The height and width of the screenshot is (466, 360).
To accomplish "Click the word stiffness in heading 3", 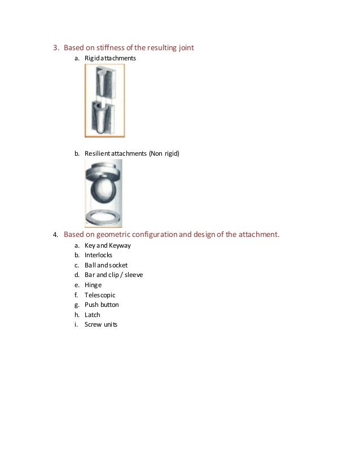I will coord(113,47).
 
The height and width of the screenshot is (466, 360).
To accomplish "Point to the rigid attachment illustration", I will coord(104,100).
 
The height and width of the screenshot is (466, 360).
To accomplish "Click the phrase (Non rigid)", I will coord(164,152).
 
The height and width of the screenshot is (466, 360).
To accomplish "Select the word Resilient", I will coord(97,152).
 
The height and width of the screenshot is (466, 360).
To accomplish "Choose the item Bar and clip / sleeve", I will coord(113,275).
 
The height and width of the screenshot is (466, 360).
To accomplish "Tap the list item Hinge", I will coord(93,285).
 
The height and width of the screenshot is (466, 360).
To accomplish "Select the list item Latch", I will coord(93,314).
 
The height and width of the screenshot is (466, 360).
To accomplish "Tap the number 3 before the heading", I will coord(55,47).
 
